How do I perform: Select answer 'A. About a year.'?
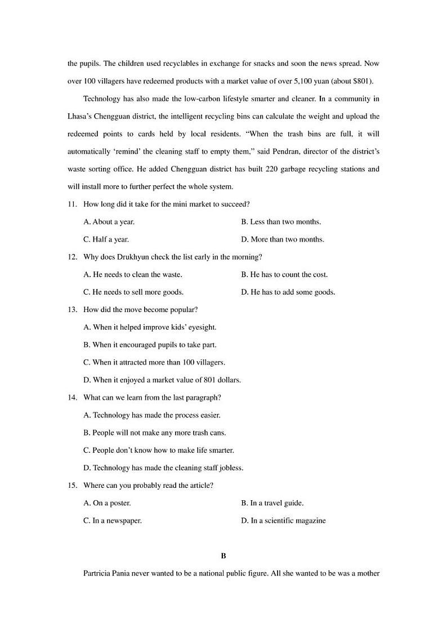[x=109, y=221]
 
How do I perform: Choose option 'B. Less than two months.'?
[x=281, y=221]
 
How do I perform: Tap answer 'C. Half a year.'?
[x=106, y=239]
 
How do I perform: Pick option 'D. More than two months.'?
[x=283, y=239]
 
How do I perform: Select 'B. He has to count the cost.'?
[x=284, y=274]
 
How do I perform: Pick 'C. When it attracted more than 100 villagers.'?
[x=154, y=362]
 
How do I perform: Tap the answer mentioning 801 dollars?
[x=162, y=380]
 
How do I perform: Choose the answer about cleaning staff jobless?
[x=163, y=468]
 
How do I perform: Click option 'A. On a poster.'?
[x=107, y=503]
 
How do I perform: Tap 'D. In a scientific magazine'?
[x=283, y=520]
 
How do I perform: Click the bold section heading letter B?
[x=223, y=556]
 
